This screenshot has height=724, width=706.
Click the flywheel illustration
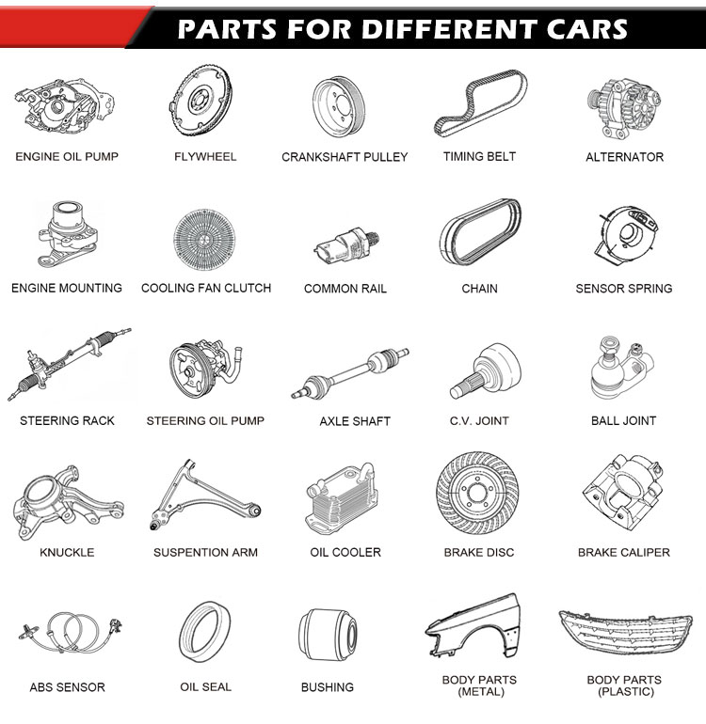pyautogui.click(x=201, y=101)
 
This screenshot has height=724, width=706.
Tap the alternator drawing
pyautogui.click(x=624, y=108)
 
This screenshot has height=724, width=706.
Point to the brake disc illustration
pyautogui.click(x=477, y=494)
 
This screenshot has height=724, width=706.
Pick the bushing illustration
pyautogui.click(x=328, y=634)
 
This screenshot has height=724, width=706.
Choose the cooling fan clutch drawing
pyautogui.click(x=204, y=240)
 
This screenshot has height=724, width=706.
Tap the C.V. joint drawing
pyautogui.click(x=486, y=370)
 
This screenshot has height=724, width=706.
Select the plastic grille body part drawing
pyautogui.click(x=626, y=632)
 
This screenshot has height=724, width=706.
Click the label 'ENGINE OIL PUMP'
pyautogui.click(x=67, y=157)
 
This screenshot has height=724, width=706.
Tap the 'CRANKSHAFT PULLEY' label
pyautogui.click(x=345, y=157)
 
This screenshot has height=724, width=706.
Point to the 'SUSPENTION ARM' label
pyautogui.click(x=205, y=552)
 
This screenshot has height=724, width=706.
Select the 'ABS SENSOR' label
pyautogui.click(x=68, y=687)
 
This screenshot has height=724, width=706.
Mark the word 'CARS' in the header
pyautogui.click(x=586, y=29)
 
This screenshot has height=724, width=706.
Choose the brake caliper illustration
pyautogui.click(x=622, y=494)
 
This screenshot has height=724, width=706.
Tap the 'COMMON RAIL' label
pyautogui.click(x=345, y=289)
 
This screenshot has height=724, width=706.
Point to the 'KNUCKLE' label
pyautogui.click(x=67, y=552)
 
